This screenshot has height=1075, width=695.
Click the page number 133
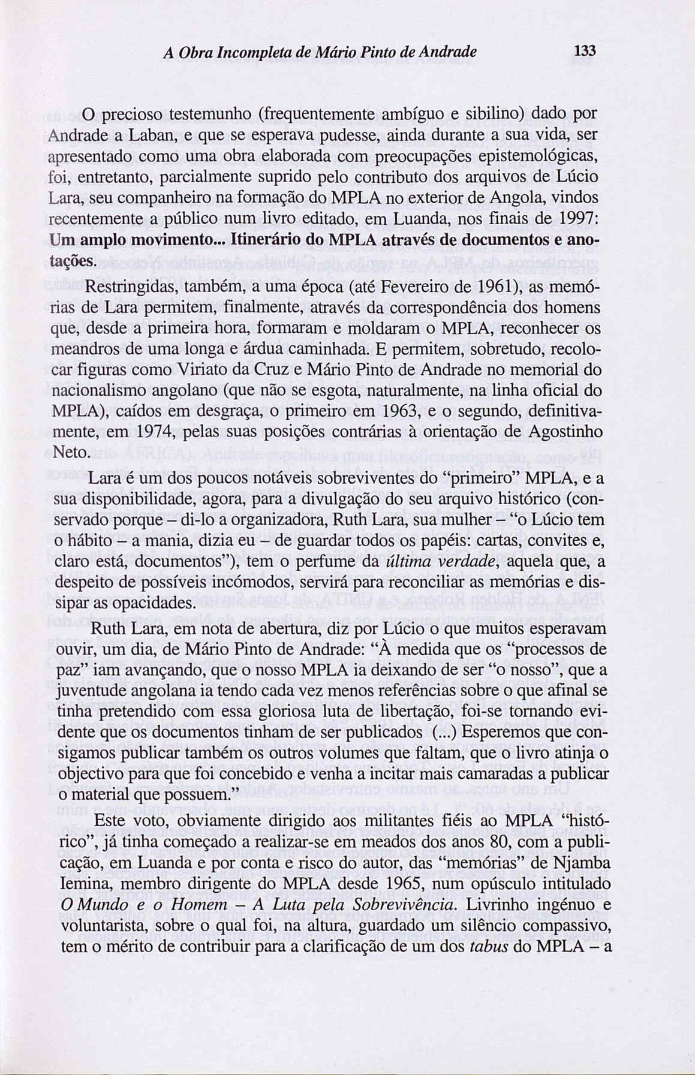click(582, 52)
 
